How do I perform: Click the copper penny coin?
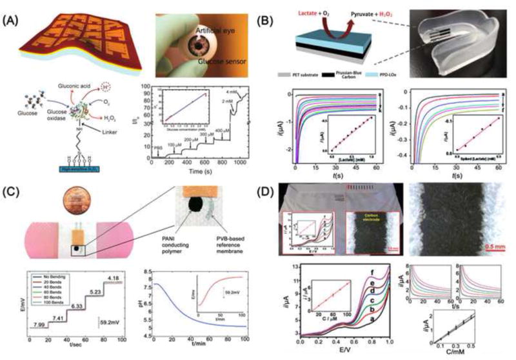[x=67, y=205]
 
